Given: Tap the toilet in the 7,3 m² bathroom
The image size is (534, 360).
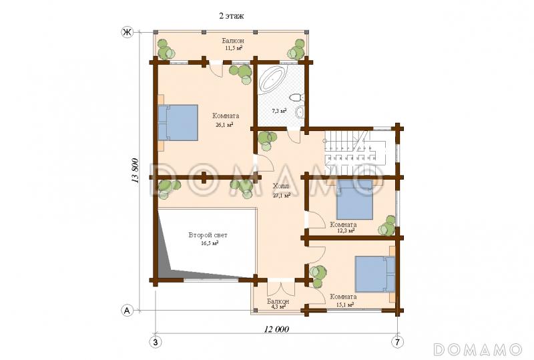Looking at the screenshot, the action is point(296,98).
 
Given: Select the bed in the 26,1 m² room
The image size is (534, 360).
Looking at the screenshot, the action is point(178,122).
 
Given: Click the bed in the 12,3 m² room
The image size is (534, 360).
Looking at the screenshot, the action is point(354,200).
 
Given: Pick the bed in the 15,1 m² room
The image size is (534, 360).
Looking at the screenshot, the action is point(375,274).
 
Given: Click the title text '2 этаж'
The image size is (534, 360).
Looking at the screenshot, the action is point(232,15).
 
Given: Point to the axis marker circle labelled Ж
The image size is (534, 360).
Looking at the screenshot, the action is point(127,32).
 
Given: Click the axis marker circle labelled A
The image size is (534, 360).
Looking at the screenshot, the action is point(127,311).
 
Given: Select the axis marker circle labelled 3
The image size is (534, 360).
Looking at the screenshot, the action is point(156,341).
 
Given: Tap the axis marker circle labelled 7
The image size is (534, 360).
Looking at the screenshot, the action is point(397,341).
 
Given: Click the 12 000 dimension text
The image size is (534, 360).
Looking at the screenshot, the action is point(276,329).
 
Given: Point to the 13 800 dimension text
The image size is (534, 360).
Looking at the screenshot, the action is point(136,171).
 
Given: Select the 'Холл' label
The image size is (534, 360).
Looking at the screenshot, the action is point(281,186).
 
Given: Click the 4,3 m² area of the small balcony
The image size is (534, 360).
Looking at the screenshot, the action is point(278,307).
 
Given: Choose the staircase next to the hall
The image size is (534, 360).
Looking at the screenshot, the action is point(355,148).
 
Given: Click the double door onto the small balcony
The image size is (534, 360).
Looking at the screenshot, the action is point(281,289).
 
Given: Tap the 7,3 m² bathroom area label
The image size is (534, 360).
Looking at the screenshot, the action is point(279,111).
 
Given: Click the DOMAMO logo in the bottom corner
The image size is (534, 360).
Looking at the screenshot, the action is point(477,349).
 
